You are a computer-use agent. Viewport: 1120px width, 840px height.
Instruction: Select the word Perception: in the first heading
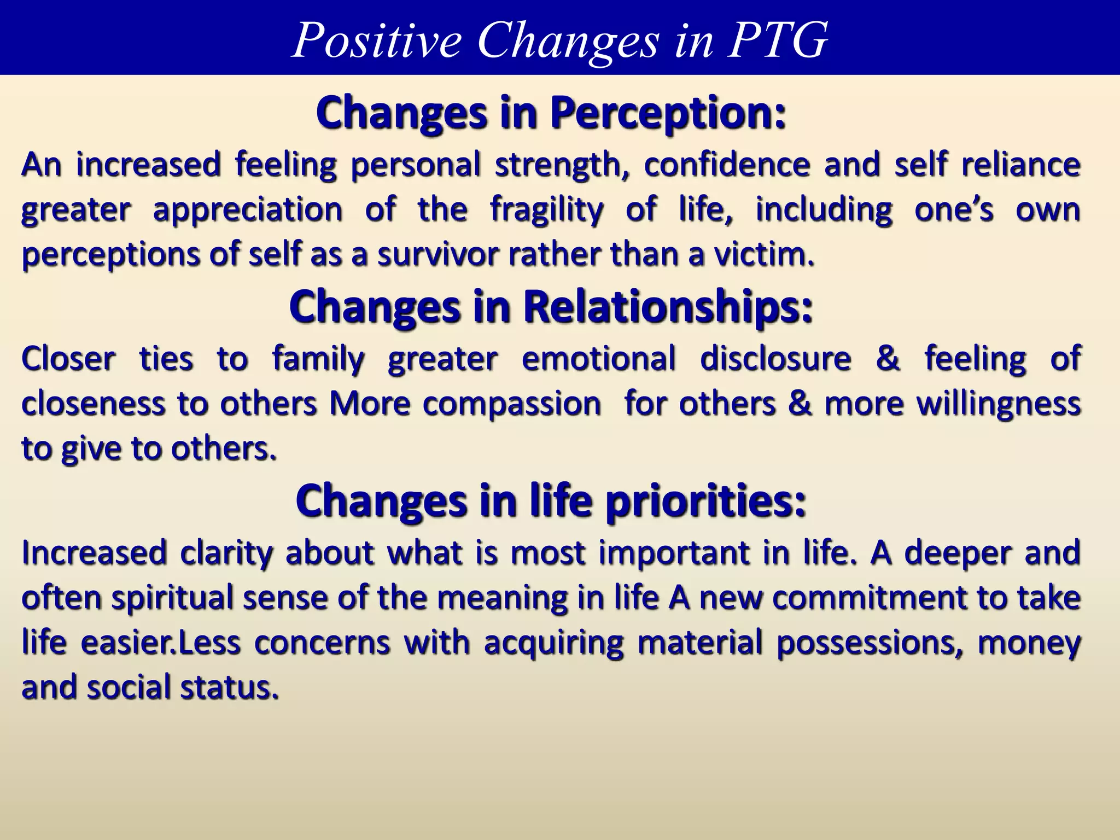point(668,113)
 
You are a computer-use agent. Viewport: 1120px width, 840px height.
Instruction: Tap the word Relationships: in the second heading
point(668,307)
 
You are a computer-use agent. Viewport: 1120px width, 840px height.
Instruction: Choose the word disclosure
point(775,359)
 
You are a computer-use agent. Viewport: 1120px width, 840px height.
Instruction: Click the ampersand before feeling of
point(888,359)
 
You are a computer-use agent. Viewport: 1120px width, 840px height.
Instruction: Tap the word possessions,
point(870,643)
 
